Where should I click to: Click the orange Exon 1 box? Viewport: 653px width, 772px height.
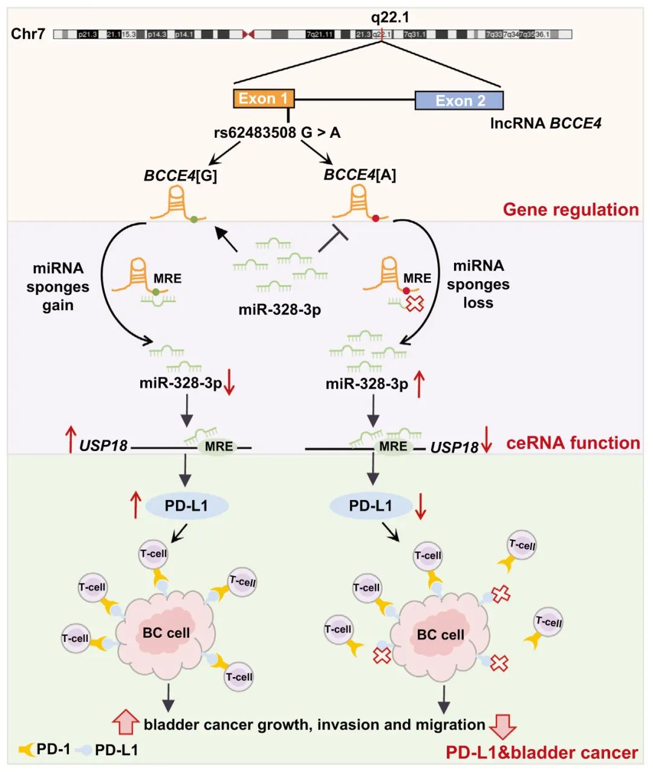(x=264, y=99)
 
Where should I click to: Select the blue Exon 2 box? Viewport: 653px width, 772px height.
(x=459, y=100)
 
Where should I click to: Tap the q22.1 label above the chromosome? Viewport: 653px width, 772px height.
(x=390, y=18)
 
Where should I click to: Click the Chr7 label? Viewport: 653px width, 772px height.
(x=28, y=34)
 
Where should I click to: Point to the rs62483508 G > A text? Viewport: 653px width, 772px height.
(x=277, y=132)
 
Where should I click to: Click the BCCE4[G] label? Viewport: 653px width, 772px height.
(x=180, y=175)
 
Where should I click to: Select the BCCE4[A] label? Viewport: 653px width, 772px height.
(x=360, y=175)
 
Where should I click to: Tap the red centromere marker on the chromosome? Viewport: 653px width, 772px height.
(x=248, y=34)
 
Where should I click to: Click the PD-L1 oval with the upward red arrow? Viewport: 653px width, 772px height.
(x=186, y=505)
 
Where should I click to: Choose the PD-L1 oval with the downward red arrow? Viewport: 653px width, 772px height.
(x=370, y=505)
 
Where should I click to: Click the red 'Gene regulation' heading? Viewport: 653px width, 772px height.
(x=570, y=210)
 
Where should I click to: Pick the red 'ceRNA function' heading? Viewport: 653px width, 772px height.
(x=573, y=443)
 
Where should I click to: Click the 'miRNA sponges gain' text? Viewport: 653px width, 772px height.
(x=58, y=287)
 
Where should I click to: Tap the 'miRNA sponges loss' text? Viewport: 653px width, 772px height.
(x=478, y=284)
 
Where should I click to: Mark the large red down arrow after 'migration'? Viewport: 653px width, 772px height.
(x=502, y=726)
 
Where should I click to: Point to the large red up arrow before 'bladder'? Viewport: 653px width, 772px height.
(x=126, y=722)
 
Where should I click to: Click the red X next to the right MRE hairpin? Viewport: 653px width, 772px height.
(x=414, y=303)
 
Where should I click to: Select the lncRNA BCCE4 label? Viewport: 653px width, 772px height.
(x=545, y=123)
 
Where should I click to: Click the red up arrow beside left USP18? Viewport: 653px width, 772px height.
(x=70, y=440)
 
